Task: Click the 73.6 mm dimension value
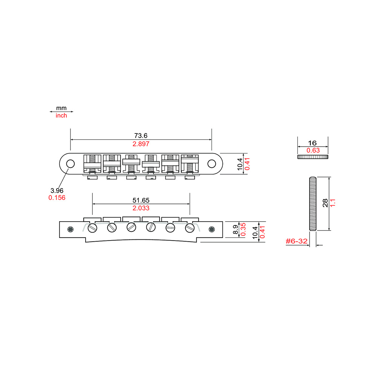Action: point(141,136)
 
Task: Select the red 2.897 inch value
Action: point(141,144)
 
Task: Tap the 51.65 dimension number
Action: point(141,200)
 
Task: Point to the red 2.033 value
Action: point(141,208)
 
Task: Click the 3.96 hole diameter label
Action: point(57,190)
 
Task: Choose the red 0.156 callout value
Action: point(57,197)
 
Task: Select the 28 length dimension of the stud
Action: point(325,204)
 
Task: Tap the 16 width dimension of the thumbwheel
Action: point(312,143)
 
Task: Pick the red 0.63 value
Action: point(312,151)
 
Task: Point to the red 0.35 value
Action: point(244,230)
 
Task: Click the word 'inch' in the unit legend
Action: point(61,116)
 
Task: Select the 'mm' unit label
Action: point(61,108)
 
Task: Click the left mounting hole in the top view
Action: point(70,164)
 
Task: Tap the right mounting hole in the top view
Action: point(212,164)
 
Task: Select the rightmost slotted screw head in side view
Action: point(189,228)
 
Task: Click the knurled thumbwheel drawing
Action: point(313,156)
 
